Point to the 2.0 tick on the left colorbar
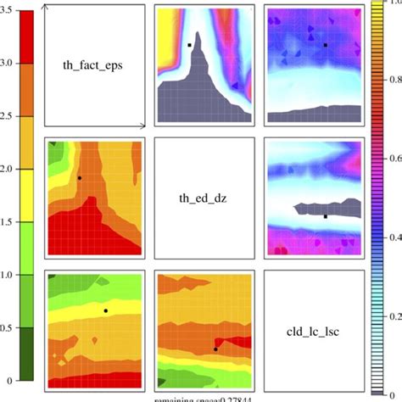click(x=8, y=170)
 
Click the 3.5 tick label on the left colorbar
click(x=8, y=11)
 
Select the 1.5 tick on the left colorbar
click(x=8, y=222)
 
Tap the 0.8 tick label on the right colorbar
click(x=392, y=80)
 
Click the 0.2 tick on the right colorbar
click(x=392, y=315)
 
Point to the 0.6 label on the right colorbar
click(x=392, y=158)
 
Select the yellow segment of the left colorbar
click(x=25, y=195)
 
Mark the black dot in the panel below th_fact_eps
click(x=79, y=178)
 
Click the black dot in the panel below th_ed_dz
click(x=215, y=349)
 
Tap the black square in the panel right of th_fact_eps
click(x=189, y=45)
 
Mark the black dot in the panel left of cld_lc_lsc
click(x=105, y=311)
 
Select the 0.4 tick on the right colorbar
click(x=392, y=237)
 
